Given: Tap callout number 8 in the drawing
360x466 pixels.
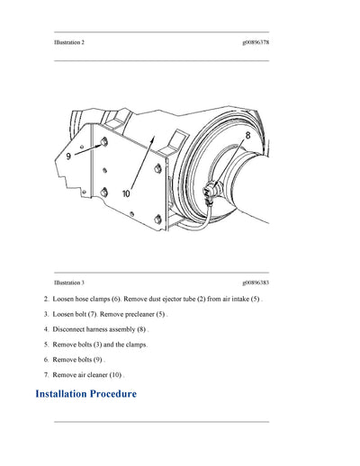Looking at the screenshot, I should coord(247,135).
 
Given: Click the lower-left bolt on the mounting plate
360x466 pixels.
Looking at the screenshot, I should coord(105,190).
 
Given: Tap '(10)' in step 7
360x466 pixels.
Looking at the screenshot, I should coord(116,374).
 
